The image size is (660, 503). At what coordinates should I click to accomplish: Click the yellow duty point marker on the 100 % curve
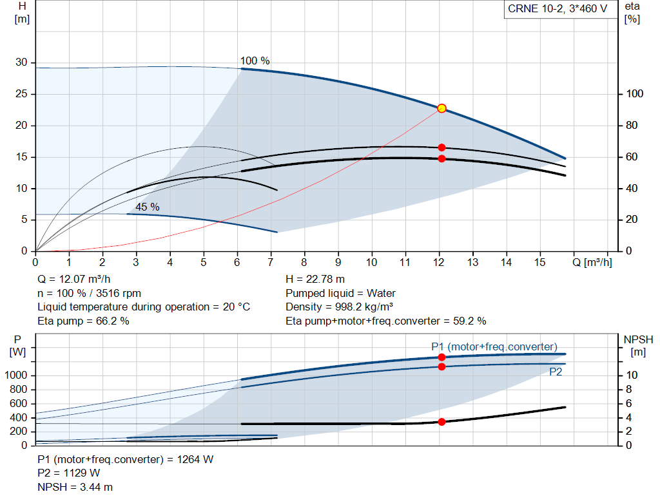coord(442,108)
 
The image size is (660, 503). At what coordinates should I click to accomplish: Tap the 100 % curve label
coord(255,61)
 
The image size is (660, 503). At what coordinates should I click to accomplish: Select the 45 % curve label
coord(147,207)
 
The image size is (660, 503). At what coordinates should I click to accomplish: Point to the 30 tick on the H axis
coord(22,62)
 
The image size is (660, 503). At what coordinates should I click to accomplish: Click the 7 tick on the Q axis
coord(271,263)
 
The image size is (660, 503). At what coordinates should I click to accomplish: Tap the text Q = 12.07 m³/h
coord(74,280)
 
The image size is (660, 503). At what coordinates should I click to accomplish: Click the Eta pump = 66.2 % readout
coord(83,321)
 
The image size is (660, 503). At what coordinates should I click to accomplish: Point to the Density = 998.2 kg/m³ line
coord(339,307)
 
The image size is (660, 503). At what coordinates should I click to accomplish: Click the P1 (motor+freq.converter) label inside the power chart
coord(494,346)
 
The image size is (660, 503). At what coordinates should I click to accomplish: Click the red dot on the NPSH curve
coord(442,422)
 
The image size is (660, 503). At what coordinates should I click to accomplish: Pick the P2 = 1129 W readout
coord(69,473)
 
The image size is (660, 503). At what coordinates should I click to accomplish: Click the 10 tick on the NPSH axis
coord(632,375)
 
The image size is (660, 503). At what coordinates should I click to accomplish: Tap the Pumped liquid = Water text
coord(340,293)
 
